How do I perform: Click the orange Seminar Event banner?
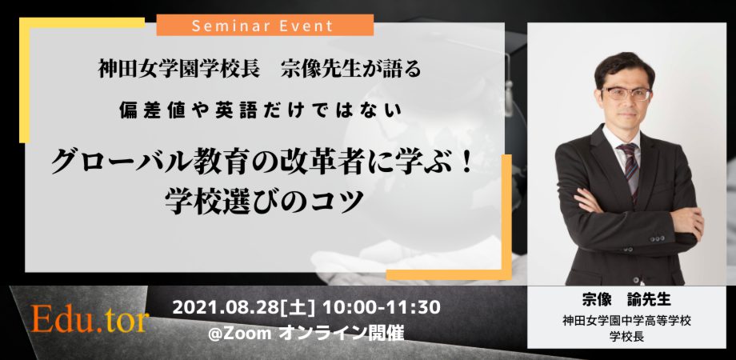coord(265,25)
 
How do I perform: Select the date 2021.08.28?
coord(222,307)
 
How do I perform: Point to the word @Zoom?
coord(240,334)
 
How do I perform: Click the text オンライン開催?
coord(342,334)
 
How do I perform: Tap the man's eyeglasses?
coord(626,93)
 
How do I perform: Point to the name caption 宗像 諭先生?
coord(626,300)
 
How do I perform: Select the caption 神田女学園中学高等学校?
coord(626,322)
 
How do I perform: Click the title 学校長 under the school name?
coord(626,337)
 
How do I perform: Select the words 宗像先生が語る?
coord(351,70)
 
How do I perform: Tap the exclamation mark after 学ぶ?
coord(466,164)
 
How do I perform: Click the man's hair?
coord(624,66)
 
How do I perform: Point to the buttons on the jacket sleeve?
coord(658,239)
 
